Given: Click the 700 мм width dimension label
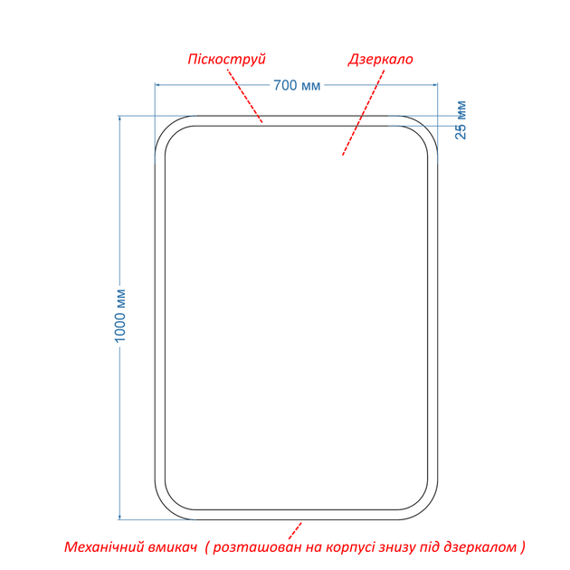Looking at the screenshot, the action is [x=297, y=85].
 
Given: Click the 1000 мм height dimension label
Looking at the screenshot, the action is [x=120, y=316].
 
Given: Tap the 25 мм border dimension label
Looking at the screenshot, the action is [x=461, y=120].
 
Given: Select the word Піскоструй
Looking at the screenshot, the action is [x=227, y=59].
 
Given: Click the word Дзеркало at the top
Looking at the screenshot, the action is [x=381, y=59].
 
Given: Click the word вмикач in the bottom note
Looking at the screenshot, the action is [x=174, y=546].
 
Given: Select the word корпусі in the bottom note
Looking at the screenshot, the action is [x=350, y=546].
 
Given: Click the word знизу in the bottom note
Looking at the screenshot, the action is [x=397, y=546].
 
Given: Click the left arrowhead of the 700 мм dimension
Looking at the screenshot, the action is [x=157, y=85].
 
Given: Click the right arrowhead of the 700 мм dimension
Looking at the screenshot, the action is [x=435, y=85].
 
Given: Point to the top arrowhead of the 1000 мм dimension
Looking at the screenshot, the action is [x=119, y=119].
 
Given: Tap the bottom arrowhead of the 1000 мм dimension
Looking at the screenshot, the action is [x=119, y=517].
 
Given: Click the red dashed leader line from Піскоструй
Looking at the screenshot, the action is [x=244, y=96].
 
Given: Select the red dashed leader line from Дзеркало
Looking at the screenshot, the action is [x=364, y=112].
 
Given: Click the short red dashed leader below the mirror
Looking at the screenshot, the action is [x=295, y=531].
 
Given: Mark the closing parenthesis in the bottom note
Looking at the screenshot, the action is [x=522, y=547].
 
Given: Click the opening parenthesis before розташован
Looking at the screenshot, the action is [x=207, y=547].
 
